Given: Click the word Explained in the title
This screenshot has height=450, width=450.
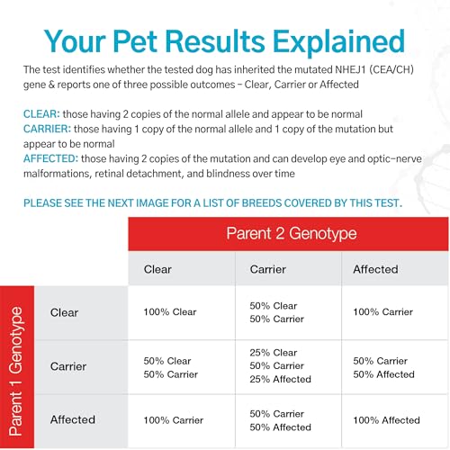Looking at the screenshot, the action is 339,42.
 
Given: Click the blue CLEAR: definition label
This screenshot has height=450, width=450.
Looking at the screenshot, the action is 41,114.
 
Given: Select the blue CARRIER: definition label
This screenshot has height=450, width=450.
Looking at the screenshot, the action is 48,129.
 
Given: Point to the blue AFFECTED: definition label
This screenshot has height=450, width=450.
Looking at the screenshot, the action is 51,158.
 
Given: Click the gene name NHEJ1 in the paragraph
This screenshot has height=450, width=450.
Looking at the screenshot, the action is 350,69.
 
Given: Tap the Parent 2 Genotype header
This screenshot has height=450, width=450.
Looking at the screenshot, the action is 292,233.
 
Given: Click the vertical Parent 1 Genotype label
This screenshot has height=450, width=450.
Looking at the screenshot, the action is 15,372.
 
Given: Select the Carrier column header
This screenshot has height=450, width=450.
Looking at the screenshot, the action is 268,269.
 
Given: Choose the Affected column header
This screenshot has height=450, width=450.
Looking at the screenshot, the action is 375,269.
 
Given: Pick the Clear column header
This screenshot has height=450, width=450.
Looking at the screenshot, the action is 157,269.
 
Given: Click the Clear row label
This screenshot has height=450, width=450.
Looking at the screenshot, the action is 64,312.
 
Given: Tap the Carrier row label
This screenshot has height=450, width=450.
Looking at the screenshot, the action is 68,366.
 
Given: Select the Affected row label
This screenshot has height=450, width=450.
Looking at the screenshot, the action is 73,419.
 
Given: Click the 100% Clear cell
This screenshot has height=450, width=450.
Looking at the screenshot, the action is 170,312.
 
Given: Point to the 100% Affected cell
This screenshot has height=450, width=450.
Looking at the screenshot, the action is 386,420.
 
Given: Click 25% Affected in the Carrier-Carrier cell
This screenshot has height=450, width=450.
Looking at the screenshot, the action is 280,379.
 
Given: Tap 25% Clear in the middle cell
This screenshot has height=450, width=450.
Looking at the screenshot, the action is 274,353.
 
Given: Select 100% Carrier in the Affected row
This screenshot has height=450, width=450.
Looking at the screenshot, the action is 174,420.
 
